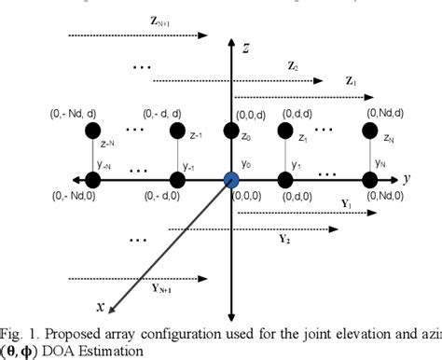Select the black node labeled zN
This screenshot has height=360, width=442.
[x=367, y=129]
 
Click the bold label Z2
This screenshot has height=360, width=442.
[x=292, y=67]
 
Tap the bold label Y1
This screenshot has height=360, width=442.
[x=346, y=201]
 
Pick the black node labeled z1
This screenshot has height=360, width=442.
[x=285, y=129]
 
